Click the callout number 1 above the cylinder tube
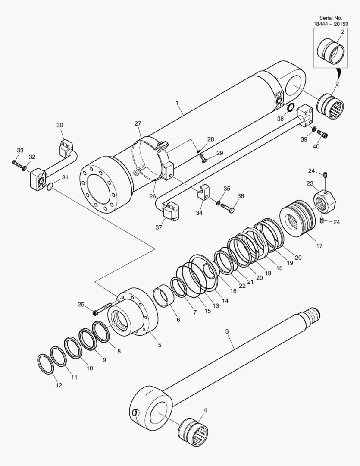(x=177, y=103)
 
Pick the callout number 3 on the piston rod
(x=227, y=332)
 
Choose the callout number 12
(x=59, y=385)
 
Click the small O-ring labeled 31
(x=50, y=186)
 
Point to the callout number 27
(x=138, y=123)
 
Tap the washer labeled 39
(x=314, y=129)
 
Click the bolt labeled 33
(x=16, y=164)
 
